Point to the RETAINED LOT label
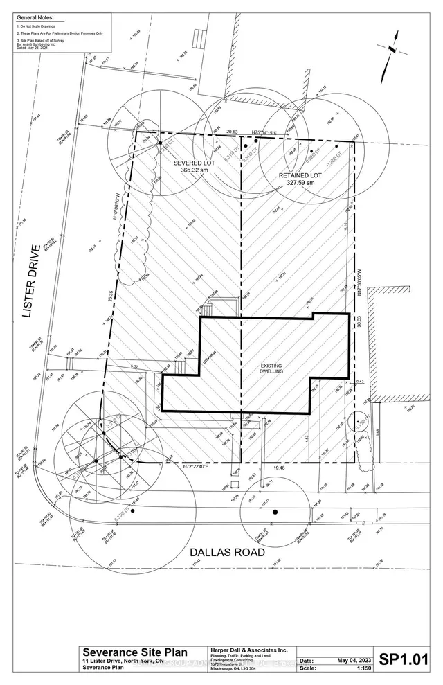(x=300, y=175)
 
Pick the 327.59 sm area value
(x=300, y=184)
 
